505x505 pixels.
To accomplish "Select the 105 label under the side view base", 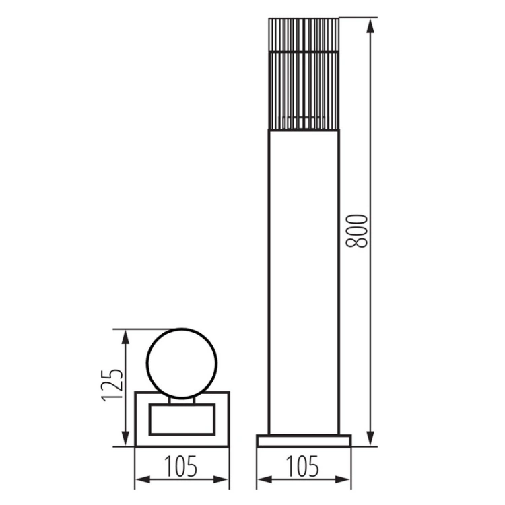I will pos(303,466).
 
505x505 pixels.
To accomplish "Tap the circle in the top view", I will pos(182,364).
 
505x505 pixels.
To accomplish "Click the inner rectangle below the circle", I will pos(182,418).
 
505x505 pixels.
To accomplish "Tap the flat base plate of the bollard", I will pos(304,440).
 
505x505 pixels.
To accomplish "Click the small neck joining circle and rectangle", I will pos(182,402).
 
